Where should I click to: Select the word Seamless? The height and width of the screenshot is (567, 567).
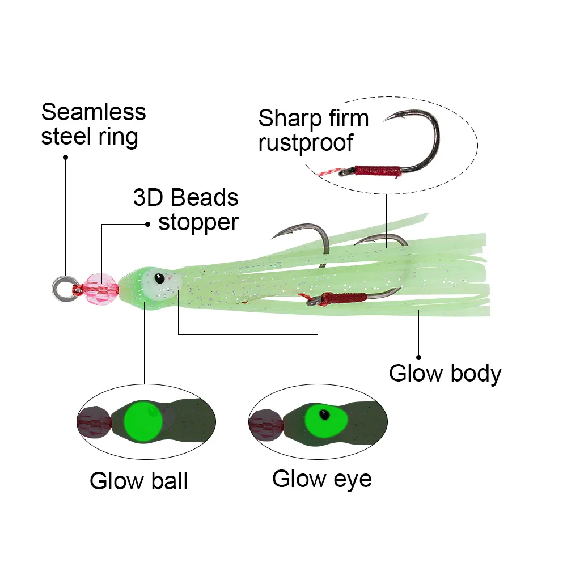pos(94,112)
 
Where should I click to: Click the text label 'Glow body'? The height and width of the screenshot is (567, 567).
pos(445,374)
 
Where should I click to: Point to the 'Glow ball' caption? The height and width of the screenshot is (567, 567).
pos(138,481)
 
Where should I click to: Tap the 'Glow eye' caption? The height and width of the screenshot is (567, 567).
pos(321,479)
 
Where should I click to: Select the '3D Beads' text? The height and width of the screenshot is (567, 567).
pos(185,198)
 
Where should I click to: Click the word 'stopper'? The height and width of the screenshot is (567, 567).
pos(198,222)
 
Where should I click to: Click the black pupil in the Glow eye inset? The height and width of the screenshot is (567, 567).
pos(323,413)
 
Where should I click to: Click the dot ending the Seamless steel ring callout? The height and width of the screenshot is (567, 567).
pos(65,156)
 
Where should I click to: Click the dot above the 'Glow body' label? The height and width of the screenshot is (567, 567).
pos(419,357)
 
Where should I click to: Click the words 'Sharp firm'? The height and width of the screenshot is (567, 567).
pos(314,119)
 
